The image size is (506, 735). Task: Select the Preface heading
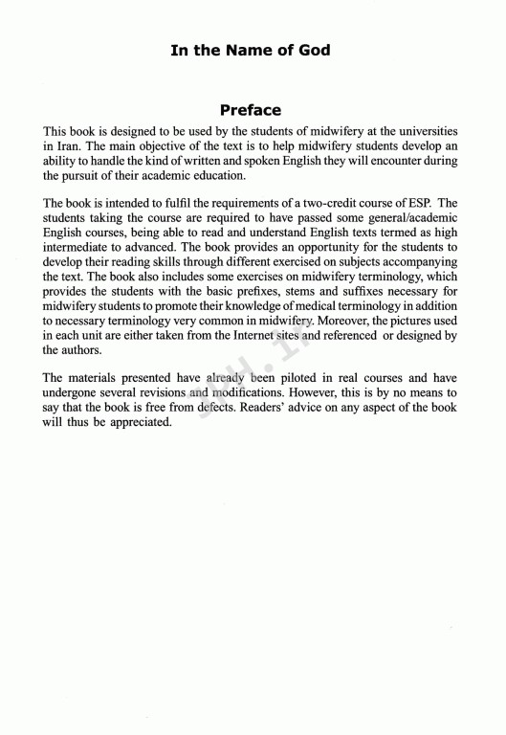(x=251, y=109)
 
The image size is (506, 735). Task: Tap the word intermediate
(x=80, y=247)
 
